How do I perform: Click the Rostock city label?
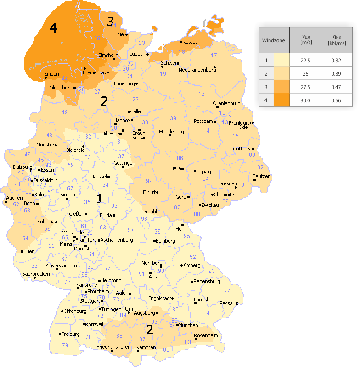point(191,42)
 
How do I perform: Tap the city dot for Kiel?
point(126,34)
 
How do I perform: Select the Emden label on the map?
point(52,74)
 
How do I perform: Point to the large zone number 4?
point(53,28)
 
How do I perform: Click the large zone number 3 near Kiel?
point(110,21)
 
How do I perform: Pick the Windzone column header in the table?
point(273,40)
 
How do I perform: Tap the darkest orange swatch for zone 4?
point(281,100)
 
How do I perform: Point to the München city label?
point(189,325)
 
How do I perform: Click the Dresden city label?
point(227,183)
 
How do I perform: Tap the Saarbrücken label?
point(36,274)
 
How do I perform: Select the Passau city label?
point(227,303)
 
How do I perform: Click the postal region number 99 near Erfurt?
point(149,181)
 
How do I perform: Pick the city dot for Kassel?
point(109,176)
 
